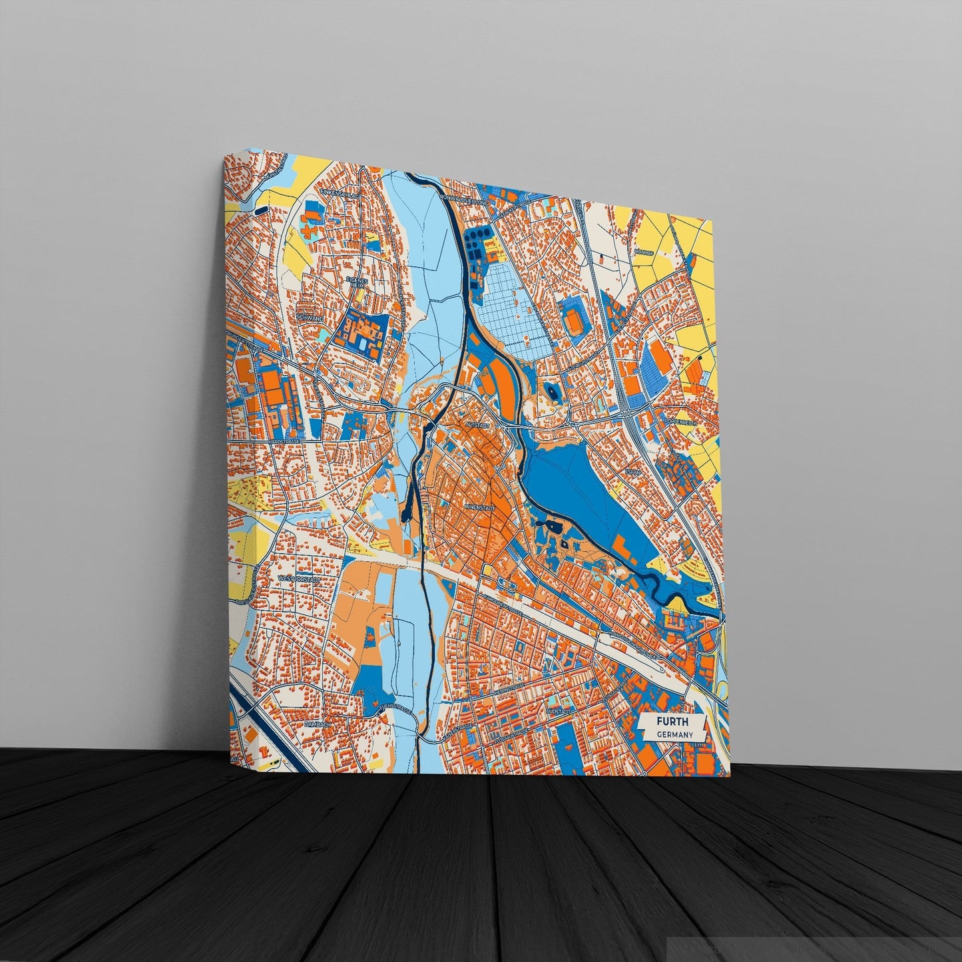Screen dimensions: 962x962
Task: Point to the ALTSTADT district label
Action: pos(478,424)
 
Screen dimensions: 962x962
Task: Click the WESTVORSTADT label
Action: pos(300,579)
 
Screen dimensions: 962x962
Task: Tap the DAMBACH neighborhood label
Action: pos(317,723)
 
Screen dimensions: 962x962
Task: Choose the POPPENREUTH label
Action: pos(682,421)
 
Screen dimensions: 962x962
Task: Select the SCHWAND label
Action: pos(312,318)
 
